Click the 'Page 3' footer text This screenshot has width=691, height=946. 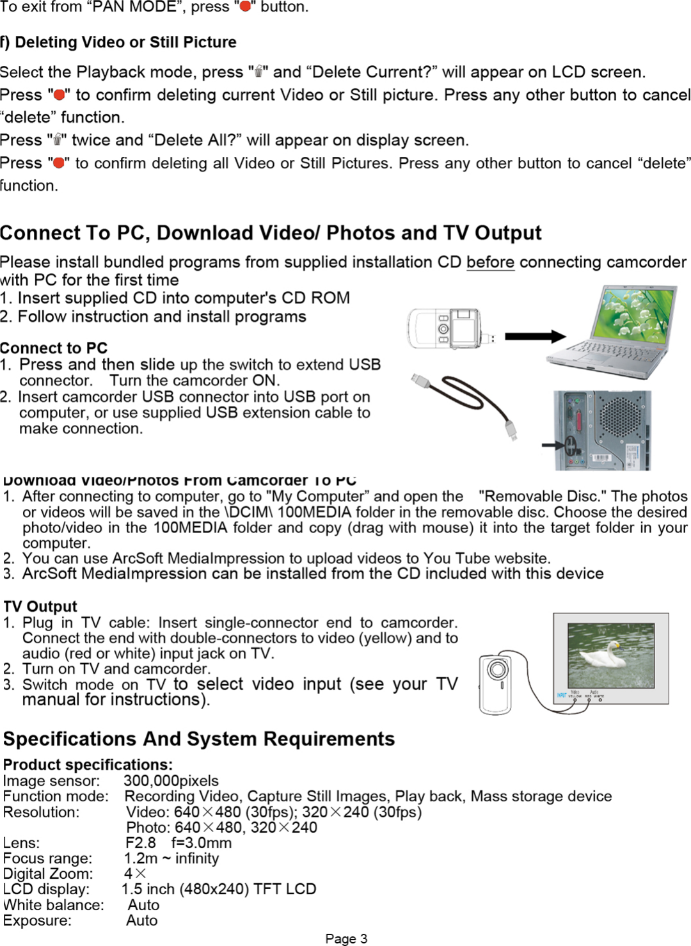(346, 938)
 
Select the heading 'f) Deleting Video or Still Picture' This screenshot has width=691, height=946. (118, 42)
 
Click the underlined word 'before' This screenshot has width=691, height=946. (490, 262)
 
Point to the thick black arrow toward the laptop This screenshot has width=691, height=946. (535, 337)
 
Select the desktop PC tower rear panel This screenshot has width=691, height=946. (601, 430)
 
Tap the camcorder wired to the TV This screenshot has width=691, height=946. (496, 684)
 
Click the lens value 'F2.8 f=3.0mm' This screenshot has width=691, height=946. (179, 843)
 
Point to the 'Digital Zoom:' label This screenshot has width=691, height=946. (48, 874)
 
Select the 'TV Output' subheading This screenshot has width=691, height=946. (40, 606)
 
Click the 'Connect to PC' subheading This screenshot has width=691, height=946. (54, 348)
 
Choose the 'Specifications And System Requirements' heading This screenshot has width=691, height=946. (199, 739)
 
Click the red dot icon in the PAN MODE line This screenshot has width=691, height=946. (244, 7)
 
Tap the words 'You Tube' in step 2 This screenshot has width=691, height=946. (448, 558)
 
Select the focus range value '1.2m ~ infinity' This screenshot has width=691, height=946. (171, 858)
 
